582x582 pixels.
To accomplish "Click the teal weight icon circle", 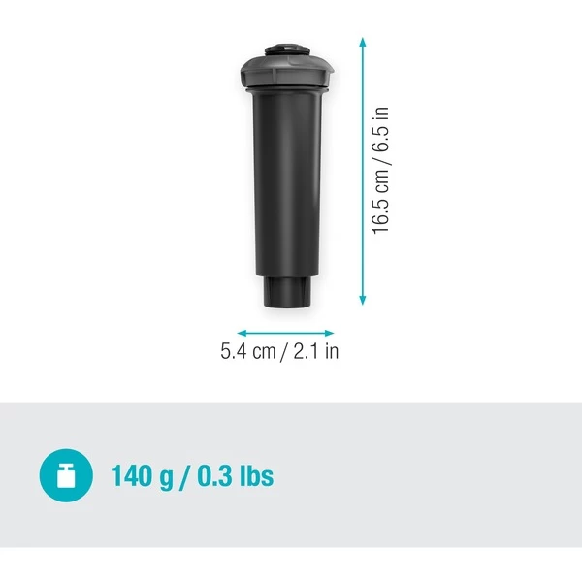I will (66, 476).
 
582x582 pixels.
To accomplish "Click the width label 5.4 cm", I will (246, 351).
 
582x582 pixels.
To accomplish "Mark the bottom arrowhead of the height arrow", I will (363, 303).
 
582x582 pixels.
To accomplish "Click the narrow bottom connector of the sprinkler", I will (285, 291).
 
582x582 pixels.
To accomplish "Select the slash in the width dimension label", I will (283, 351).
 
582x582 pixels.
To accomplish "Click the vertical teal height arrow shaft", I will (363, 175).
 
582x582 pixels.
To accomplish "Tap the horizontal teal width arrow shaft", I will (285, 331).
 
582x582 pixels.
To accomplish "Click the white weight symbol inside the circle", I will (66, 476).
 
